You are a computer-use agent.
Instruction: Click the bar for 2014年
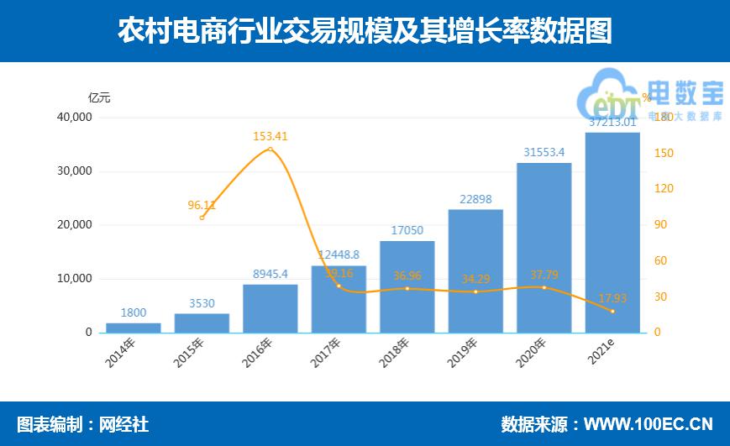point(133,328)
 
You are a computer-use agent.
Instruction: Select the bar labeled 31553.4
point(544,248)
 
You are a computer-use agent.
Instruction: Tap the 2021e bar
point(612,233)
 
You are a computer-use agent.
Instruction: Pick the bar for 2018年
point(407,286)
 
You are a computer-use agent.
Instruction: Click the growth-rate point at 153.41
point(270,150)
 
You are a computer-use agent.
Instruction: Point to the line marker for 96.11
point(202,218)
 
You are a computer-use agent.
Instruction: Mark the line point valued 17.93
point(612,312)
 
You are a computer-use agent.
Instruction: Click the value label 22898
point(475,199)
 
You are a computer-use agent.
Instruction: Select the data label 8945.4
point(270,274)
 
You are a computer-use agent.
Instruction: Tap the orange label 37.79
point(544,274)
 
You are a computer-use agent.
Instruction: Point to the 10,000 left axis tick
point(75,279)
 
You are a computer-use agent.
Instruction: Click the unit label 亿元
point(99,97)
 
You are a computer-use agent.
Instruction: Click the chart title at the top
point(365,31)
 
